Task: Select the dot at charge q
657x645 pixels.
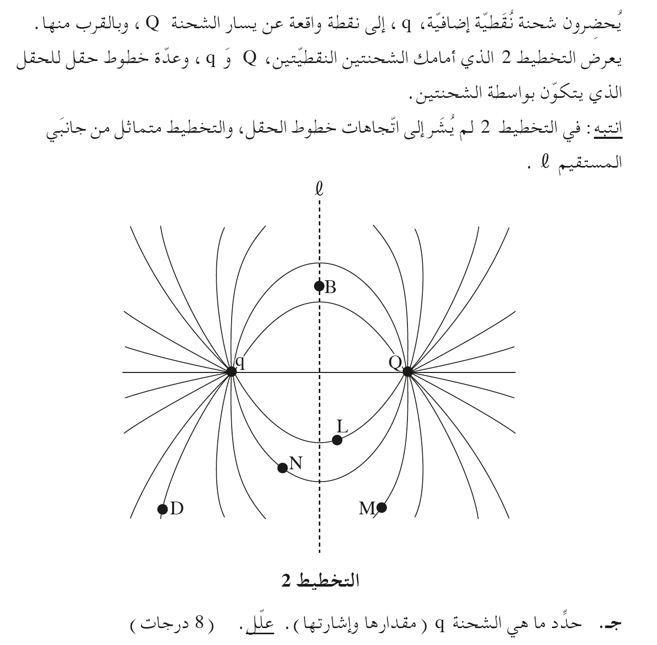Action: point(231,371)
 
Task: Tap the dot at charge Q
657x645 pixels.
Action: point(407,371)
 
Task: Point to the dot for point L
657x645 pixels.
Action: point(337,440)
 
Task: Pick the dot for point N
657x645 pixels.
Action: point(282,468)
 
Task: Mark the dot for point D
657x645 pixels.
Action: point(162,509)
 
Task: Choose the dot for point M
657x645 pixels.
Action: point(381,508)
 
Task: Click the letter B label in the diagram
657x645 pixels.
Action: point(331,288)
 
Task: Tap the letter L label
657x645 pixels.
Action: point(342,426)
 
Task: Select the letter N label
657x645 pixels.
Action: point(296,464)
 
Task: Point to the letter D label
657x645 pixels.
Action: point(177,509)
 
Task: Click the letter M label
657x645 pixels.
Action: point(367,508)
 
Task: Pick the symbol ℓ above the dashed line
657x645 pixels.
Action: point(319,190)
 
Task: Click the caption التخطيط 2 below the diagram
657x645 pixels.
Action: point(320,581)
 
